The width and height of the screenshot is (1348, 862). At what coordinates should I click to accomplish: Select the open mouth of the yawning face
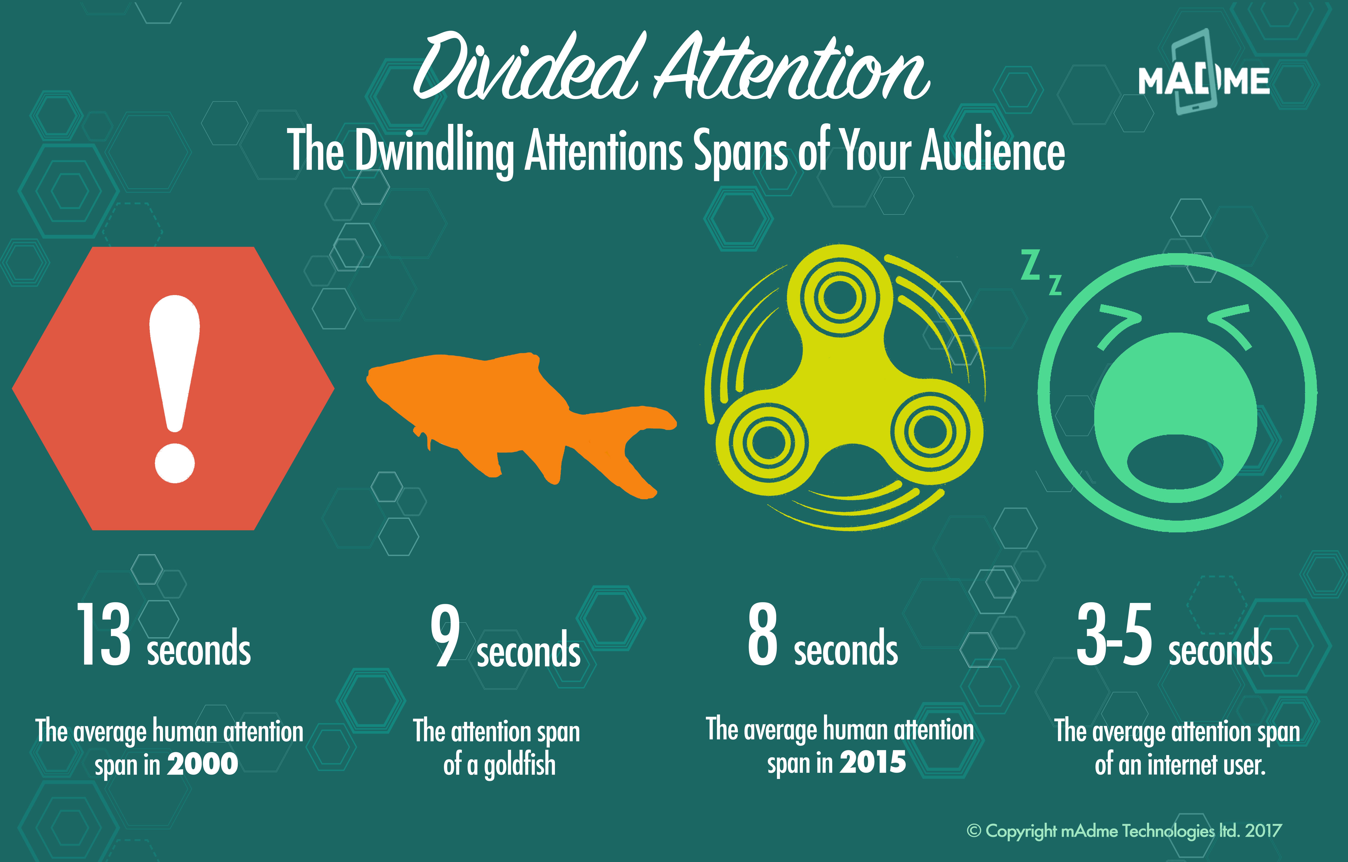pyautogui.click(x=1175, y=466)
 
